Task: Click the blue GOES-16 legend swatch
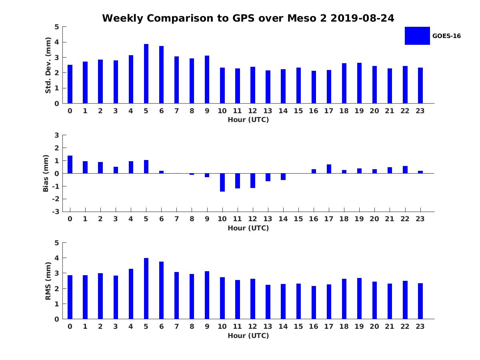[417, 36]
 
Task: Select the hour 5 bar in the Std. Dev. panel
[146, 74]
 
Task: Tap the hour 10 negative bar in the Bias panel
[222, 182]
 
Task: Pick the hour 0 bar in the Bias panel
[70, 164]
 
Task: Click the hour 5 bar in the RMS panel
[146, 288]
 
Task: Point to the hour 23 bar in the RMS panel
[420, 301]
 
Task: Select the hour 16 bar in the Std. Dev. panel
[314, 87]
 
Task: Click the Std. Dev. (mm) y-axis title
[48, 65]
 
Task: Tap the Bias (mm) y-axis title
[46, 173]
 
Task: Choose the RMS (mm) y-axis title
[48, 281]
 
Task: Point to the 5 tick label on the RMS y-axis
[57, 243]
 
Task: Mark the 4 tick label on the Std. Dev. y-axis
[57, 42]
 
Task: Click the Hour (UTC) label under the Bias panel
[248, 228]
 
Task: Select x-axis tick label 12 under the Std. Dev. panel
[252, 111]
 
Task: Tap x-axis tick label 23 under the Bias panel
[420, 219]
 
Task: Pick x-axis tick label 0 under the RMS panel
[70, 326]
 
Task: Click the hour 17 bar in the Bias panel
[329, 169]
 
